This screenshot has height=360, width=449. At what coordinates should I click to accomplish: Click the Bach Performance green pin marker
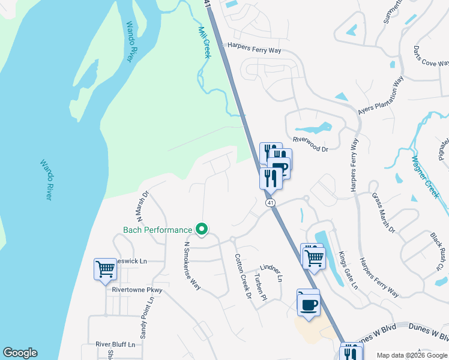point(202,229)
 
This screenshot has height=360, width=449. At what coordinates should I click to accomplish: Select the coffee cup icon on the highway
point(309,304)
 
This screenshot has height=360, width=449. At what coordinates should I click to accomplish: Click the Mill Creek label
point(204,42)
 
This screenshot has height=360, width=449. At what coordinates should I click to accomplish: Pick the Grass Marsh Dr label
point(384,212)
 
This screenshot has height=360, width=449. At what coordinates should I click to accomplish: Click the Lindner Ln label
point(271,272)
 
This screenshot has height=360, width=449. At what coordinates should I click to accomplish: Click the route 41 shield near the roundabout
point(271,203)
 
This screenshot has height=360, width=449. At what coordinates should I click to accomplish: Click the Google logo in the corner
point(20,353)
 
